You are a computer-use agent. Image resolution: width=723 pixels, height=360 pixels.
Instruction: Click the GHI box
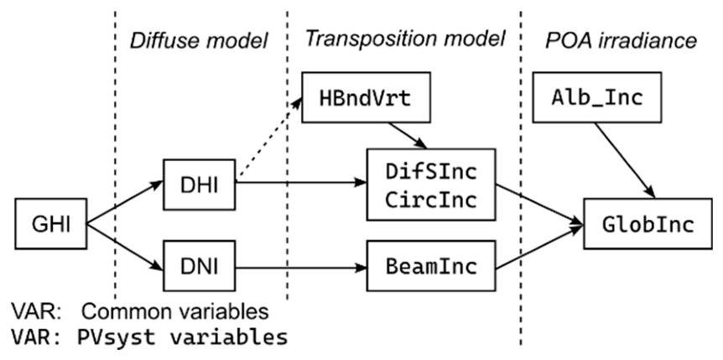tap(50, 224)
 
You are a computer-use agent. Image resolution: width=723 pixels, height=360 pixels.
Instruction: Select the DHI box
tap(199, 184)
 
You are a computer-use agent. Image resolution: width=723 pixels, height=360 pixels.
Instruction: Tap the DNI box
tap(199, 266)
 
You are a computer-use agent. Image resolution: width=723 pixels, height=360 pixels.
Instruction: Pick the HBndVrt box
tap(366, 97)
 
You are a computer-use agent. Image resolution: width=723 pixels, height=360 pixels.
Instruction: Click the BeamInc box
tap(431, 266)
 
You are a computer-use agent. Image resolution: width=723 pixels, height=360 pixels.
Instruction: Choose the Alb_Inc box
tap(597, 97)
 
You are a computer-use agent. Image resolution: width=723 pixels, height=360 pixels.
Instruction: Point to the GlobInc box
tap(648, 224)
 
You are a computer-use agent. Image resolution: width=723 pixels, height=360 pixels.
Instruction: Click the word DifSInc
tap(431, 172)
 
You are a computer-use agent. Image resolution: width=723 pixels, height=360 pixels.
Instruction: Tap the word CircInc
tap(431, 201)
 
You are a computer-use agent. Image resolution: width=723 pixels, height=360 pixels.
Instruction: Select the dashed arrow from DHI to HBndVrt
tap(268, 139)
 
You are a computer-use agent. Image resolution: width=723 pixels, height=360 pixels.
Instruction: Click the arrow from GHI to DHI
tap(125, 202)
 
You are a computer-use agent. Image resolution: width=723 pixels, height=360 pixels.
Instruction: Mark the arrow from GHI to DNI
tap(125, 247)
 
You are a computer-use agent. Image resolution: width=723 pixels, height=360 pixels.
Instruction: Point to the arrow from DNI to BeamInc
tap(301, 268)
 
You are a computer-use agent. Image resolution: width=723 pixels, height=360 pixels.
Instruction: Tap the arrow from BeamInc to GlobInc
tap(539, 247)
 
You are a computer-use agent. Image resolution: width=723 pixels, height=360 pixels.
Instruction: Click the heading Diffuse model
tap(199, 41)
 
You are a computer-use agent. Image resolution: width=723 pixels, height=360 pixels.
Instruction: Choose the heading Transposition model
tap(405, 39)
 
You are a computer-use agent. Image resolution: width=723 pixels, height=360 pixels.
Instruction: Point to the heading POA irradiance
tap(621, 40)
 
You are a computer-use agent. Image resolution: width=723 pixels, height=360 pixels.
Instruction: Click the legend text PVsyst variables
tap(182, 337)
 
